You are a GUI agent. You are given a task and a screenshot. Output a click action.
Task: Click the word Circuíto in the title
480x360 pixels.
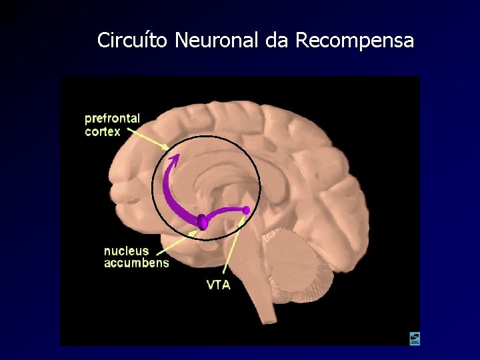(x=132, y=41)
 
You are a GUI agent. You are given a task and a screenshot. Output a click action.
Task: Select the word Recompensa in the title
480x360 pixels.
(x=354, y=41)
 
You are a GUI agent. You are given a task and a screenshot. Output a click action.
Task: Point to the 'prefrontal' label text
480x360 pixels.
(x=112, y=119)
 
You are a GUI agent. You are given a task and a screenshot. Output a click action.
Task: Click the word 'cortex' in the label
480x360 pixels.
(x=103, y=131)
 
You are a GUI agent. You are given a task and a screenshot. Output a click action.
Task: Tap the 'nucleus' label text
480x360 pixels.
(x=126, y=251)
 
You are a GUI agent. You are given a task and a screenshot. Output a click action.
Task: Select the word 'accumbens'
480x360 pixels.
(x=136, y=263)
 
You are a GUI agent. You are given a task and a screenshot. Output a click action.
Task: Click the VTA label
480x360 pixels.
(x=219, y=285)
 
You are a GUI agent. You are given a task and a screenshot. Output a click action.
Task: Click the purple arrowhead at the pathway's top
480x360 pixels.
(x=175, y=159)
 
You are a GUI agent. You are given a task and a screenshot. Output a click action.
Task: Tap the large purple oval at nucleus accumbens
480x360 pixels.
(x=202, y=221)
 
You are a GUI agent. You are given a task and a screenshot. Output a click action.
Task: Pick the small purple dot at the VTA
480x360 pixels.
(x=247, y=211)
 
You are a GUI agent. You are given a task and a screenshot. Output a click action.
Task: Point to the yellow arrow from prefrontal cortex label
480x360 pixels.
(x=146, y=138)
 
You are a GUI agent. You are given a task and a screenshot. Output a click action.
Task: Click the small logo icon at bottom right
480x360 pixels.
(x=415, y=339)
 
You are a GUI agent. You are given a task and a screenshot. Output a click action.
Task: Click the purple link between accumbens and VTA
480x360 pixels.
(x=225, y=213)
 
